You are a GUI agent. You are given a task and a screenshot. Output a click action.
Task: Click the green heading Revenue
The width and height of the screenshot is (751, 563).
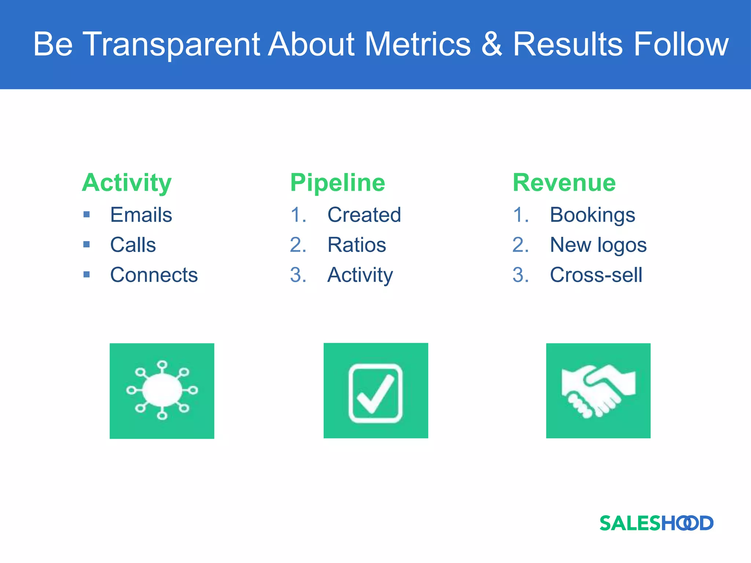[x=564, y=183]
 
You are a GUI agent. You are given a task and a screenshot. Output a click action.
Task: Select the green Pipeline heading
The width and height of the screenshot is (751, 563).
[x=337, y=183]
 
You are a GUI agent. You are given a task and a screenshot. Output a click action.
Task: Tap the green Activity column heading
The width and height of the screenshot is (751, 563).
[x=127, y=183]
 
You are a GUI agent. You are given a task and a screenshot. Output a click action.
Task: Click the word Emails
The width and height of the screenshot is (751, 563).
[x=141, y=215]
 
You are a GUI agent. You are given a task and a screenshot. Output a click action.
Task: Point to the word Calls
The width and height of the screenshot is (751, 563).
[x=133, y=245]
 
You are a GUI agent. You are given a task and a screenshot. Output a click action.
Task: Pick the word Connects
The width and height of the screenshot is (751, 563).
[x=154, y=275]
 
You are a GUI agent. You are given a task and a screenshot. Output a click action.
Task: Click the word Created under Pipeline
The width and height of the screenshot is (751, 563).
[x=364, y=215]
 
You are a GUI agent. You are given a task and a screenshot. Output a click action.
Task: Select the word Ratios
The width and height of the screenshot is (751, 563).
[x=357, y=245]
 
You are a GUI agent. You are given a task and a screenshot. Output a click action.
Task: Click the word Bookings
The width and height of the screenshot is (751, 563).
[x=593, y=215]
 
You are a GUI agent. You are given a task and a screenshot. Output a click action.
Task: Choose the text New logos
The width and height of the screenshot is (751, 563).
[x=598, y=245]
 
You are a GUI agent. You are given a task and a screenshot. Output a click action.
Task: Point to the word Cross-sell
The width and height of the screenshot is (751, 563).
[x=596, y=275]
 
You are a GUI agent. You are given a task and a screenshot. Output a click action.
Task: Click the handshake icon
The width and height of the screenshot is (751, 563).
[x=598, y=391]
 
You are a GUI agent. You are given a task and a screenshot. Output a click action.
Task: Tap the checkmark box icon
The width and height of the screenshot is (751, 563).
[x=375, y=391]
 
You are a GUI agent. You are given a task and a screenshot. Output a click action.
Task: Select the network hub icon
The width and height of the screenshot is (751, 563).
[x=162, y=391]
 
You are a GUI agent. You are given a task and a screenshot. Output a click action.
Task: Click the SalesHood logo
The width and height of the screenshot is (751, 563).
[x=656, y=523]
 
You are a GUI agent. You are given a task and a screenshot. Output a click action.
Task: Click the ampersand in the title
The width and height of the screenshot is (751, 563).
[x=491, y=44]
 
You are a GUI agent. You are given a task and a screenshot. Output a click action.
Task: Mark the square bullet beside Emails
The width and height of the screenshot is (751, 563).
[x=87, y=214]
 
